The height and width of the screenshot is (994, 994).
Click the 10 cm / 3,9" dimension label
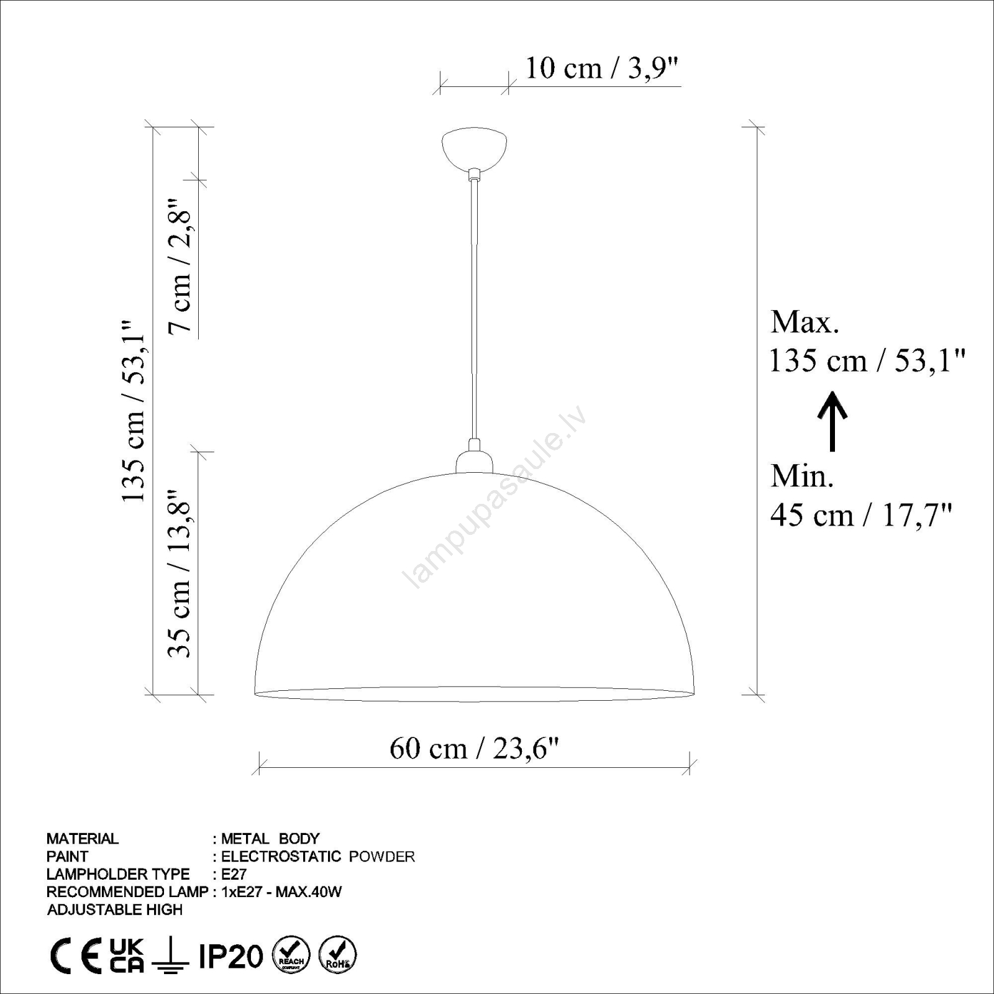(601, 68)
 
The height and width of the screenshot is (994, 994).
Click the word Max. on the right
(805, 322)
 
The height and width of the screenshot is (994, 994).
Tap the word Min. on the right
(802, 476)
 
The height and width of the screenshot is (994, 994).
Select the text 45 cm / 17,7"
(861, 515)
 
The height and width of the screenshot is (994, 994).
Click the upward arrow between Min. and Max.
(832, 421)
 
